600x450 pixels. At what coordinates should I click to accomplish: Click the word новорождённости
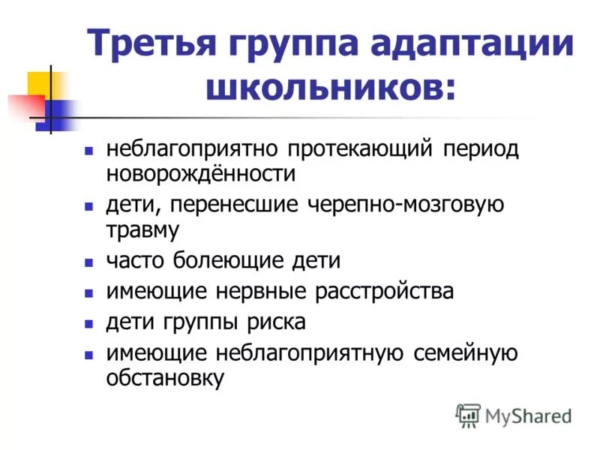pos(201,174)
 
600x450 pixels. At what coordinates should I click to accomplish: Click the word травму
pos(142,229)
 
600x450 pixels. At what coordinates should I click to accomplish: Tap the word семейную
pos(465,352)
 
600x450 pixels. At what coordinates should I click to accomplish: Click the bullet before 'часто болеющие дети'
pos(88,262)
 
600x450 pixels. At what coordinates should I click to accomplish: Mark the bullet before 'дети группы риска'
pos(88,323)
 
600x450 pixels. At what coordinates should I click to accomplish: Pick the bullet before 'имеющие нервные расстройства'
pos(88,292)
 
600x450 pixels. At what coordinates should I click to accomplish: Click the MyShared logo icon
pos(468,415)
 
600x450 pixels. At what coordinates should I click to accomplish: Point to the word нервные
pos(244,291)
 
